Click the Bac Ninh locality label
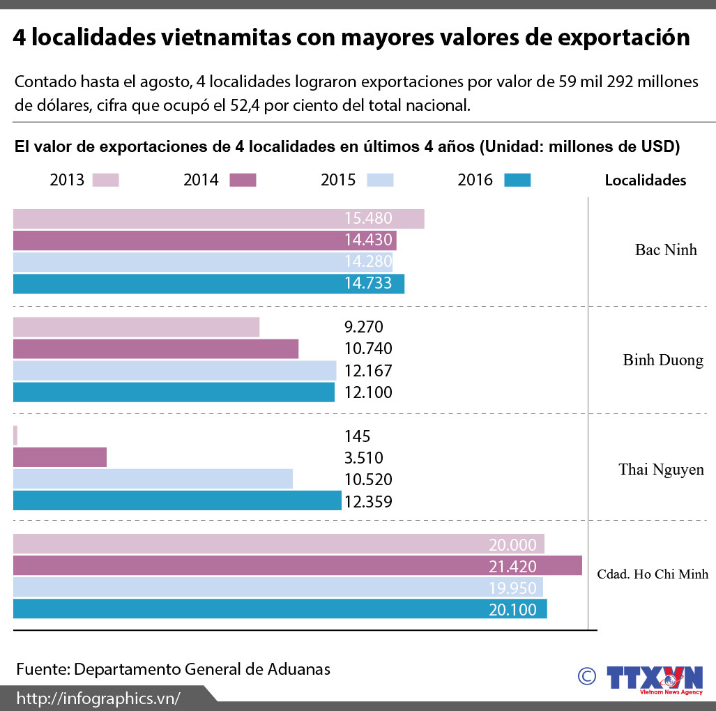tap(666, 250)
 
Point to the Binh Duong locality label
tap(663, 360)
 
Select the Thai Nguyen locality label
tap(661, 470)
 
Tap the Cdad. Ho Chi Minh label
tap(653, 574)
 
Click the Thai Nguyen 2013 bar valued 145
tap(15, 436)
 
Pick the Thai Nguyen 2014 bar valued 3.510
tap(60, 457)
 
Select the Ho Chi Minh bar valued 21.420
tap(297, 566)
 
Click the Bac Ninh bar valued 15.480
tap(218, 219)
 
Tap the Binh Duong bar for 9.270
tap(136, 327)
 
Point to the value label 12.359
tap(368, 501)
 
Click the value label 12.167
tap(368, 371)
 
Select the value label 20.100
tap(512, 610)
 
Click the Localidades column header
tap(645, 181)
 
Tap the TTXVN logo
tap(654, 679)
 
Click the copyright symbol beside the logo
tap(587, 675)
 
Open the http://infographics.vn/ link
tap(98, 698)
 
